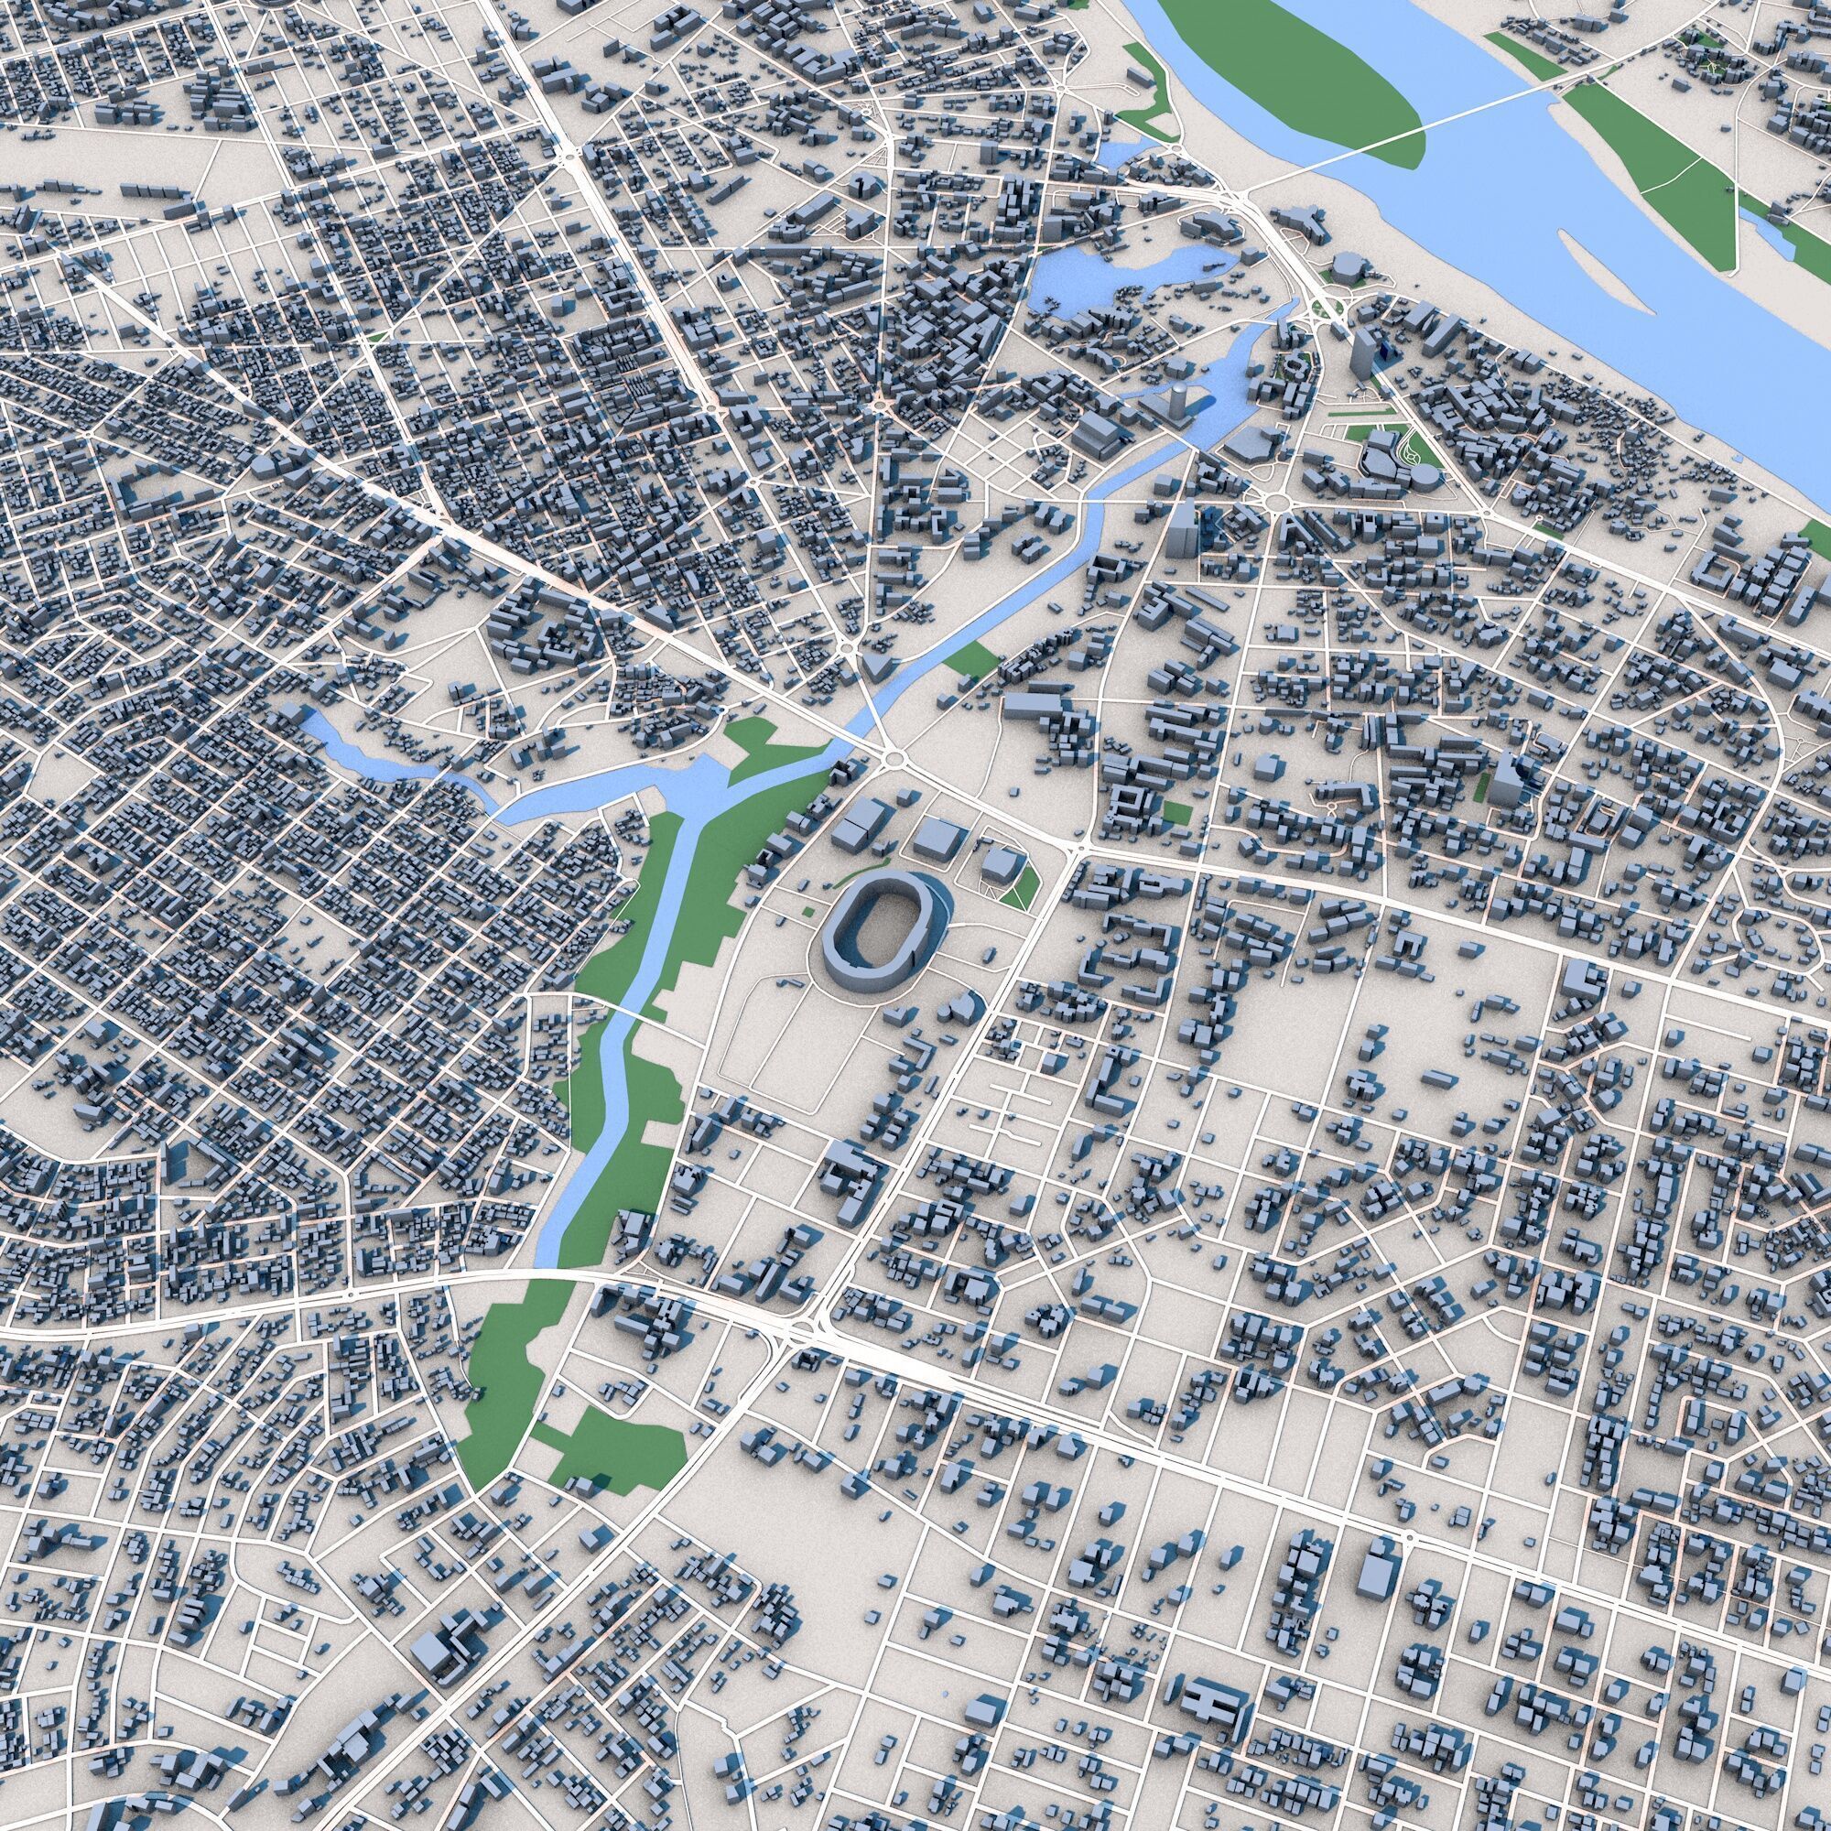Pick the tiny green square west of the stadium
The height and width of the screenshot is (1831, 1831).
(x=807, y=912)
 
